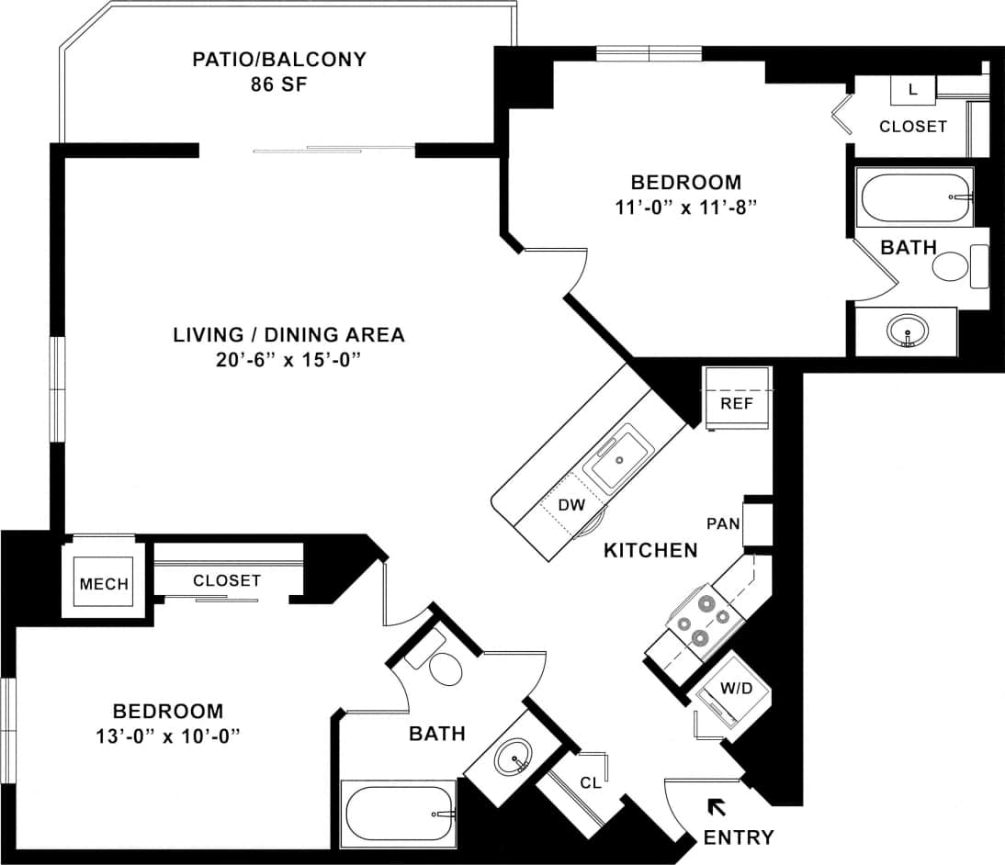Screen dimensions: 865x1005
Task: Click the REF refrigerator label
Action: (x=737, y=403)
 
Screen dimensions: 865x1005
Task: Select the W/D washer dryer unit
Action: (x=731, y=690)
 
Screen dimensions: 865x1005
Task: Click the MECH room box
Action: (x=104, y=585)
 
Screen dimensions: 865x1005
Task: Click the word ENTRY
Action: (x=738, y=837)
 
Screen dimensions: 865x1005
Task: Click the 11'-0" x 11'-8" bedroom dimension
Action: (x=685, y=208)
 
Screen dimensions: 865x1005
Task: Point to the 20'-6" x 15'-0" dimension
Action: (x=288, y=360)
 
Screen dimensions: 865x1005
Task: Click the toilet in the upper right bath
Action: (x=951, y=267)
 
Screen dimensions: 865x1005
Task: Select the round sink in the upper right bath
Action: (x=908, y=331)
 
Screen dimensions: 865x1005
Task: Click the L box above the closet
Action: (x=911, y=89)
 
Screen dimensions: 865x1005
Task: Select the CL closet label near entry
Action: (x=590, y=783)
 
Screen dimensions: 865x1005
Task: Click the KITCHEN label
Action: (x=650, y=551)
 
